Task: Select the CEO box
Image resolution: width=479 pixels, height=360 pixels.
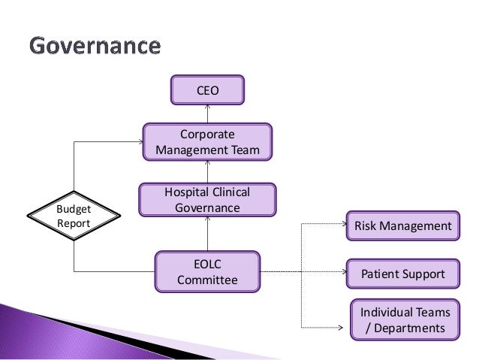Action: pos(207,89)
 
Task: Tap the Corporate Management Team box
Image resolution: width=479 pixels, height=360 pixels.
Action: pos(207,142)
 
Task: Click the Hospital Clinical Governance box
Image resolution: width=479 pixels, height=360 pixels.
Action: pos(207,200)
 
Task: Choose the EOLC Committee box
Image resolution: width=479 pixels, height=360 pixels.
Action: pos(207,272)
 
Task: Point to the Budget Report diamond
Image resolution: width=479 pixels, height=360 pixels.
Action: pos(74,216)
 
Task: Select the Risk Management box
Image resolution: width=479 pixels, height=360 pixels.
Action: pos(402,225)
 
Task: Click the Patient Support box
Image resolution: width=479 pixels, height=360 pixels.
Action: pos(402,274)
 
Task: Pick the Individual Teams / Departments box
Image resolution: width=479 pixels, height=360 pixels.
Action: pos(405,319)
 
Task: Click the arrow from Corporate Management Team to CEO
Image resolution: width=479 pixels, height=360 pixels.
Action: pos(207,113)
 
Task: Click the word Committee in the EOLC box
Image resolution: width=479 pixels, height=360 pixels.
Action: pos(207,280)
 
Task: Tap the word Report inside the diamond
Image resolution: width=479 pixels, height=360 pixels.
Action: pos(74,223)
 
